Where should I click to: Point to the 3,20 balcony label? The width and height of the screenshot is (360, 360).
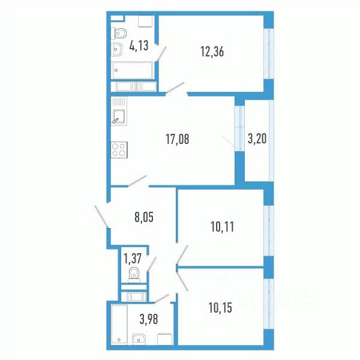coord(257,140)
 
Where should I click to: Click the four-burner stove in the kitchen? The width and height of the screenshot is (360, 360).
coord(119,148)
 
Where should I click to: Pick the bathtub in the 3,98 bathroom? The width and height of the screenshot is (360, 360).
coord(119,324)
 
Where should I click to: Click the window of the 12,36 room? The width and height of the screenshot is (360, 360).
coord(269,51)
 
